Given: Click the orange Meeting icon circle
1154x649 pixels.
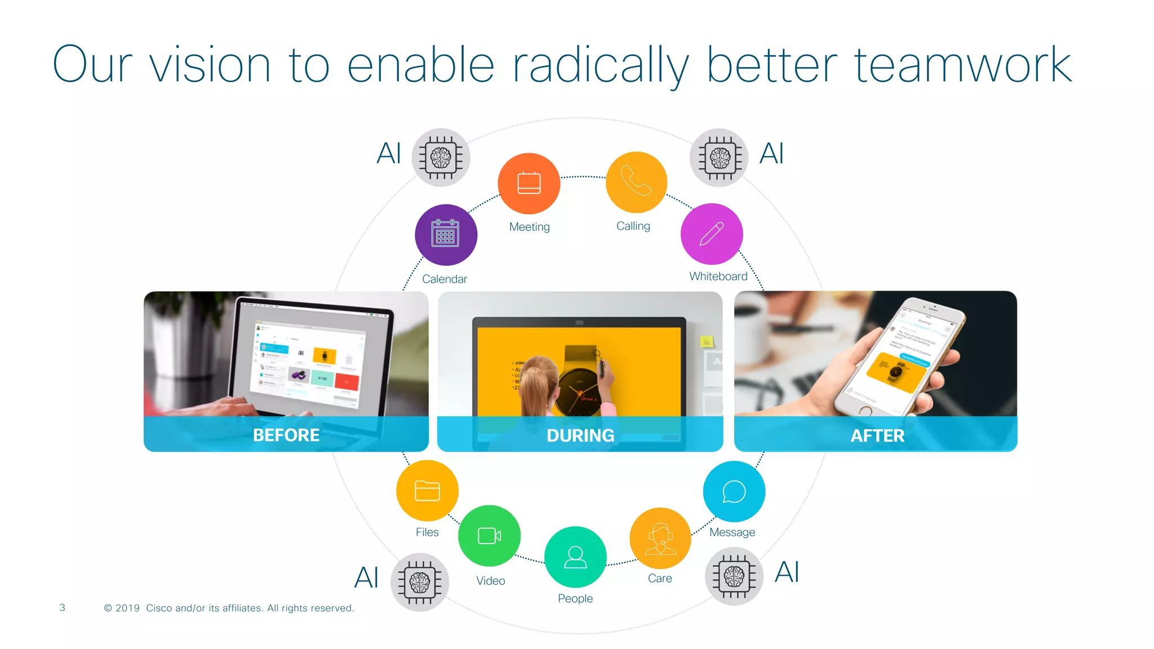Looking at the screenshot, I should click(529, 183).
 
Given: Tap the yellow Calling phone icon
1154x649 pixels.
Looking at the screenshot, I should click(636, 182).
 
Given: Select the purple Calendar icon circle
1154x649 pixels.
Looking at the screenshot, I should click(446, 234).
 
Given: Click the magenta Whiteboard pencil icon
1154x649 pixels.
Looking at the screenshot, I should click(712, 234).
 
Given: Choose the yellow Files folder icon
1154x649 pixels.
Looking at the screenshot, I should click(427, 490).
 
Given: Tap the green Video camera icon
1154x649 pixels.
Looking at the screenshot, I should click(489, 535).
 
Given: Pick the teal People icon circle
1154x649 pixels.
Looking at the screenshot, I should click(575, 557).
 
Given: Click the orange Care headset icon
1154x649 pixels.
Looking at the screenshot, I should click(660, 538).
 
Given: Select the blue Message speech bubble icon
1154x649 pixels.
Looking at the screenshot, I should click(734, 491).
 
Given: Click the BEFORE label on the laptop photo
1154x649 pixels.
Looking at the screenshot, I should click(286, 435).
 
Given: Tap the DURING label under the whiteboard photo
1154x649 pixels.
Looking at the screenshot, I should click(580, 435).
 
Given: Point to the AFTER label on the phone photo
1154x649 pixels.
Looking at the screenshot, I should click(877, 435).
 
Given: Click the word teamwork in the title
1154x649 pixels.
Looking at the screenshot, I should click(963, 65).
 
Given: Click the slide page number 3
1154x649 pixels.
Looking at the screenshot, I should click(63, 607).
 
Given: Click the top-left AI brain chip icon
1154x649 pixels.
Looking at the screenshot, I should click(441, 157).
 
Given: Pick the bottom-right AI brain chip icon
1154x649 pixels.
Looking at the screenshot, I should click(734, 576).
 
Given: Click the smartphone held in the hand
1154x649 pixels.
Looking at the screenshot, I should click(896, 361).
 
